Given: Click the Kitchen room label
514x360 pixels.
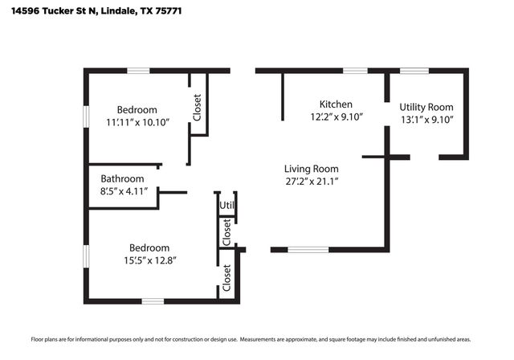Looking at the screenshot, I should pyautogui.click(x=336, y=104).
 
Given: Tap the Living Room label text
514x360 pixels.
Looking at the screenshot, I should pyautogui.click(x=311, y=169).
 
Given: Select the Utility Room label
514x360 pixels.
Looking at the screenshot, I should pyautogui.click(x=426, y=107).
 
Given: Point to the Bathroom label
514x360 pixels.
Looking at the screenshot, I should pyautogui.click(x=122, y=178).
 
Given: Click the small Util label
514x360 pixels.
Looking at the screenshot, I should pyautogui.click(x=227, y=205).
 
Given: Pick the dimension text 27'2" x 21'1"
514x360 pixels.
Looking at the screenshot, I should pyautogui.click(x=311, y=182).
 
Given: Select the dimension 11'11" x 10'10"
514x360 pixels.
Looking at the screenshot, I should pyautogui.click(x=137, y=122).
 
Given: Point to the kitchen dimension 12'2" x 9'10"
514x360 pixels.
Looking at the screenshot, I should pyautogui.click(x=337, y=117).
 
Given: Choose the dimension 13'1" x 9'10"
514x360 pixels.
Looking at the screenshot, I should pyautogui.click(x=426, y=119).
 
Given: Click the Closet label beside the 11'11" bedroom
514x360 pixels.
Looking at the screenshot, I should pyautogui.click(x=198, y=108).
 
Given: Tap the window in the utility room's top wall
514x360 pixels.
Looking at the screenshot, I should pyautogui.click(x=414, y=71).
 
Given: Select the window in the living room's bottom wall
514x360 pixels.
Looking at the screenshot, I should pyautogui.click(x=308, y=250).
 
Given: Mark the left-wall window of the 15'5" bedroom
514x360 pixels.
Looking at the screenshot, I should pyautogui.click(x=86, y=256).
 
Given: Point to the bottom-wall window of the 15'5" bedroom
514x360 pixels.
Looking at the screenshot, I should pyautogui.click(x=153, y=301).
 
